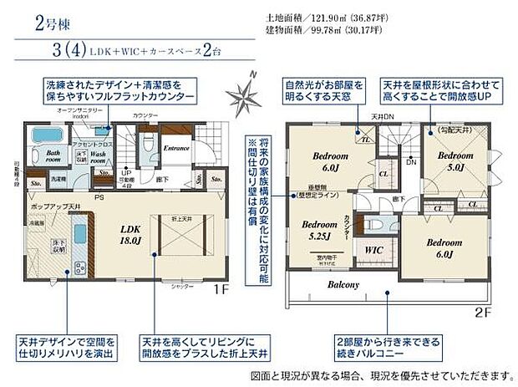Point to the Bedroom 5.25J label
pyautogui.click(x=318, y=229)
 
